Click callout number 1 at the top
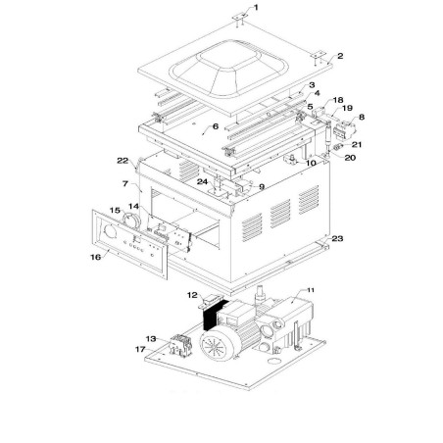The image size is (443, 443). coord(256,7)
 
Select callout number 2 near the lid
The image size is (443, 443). coord(340,57)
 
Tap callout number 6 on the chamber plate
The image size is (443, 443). coord(216,127)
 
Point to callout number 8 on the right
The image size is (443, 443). coord(361,118)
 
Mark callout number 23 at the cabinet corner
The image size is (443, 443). coord(338,237)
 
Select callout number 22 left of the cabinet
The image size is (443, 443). coord(123,161)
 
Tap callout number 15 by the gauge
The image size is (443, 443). coord(114,210)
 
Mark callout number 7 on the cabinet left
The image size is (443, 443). coord(124,183)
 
